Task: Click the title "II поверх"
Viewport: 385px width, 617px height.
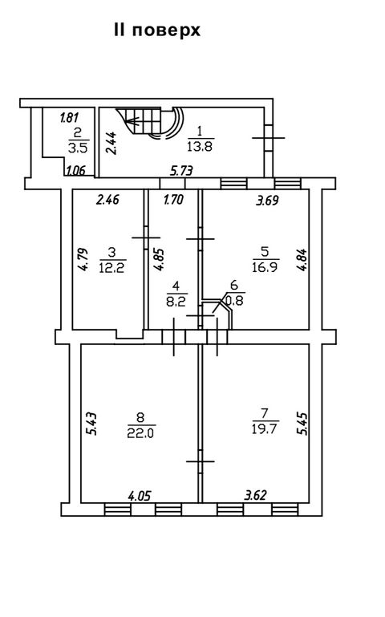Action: [157, 30]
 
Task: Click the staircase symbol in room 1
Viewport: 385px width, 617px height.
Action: [150, 124]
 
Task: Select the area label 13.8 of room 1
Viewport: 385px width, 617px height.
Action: [200, 147]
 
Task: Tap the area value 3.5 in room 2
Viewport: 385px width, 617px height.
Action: [79, 148]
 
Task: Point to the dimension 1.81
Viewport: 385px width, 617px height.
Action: [69, 117]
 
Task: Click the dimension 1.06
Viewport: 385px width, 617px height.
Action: [75, 171]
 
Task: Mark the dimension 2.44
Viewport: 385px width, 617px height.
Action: [111, 143]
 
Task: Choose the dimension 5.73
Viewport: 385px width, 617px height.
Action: [181, 171]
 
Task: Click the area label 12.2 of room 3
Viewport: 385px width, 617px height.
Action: [112, 268]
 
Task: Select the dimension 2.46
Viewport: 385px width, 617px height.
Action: [107, 200]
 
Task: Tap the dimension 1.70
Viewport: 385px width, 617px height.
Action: [173, 200]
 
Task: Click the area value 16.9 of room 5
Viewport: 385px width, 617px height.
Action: [265, 267]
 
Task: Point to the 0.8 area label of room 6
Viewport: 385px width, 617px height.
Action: [236, 301]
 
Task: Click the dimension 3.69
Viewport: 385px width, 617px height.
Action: [267, 201]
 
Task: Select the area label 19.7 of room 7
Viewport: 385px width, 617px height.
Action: [265, 428]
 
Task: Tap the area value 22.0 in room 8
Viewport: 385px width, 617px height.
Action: [141, 432]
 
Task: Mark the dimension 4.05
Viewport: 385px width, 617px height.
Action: [140, 495]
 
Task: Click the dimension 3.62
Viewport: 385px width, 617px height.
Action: [255, 494]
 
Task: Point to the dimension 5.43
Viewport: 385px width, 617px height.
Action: [91, 424]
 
